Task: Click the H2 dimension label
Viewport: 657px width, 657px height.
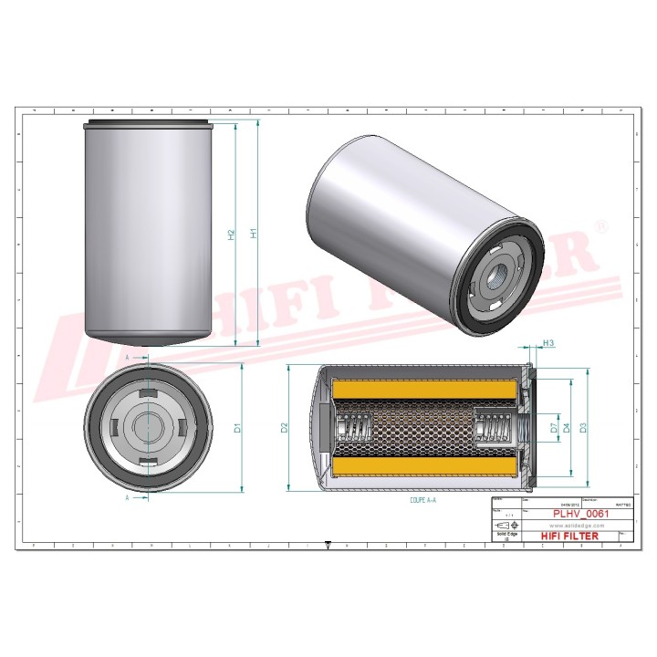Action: (x=232, y=235)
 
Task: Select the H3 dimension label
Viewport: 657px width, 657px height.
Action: (x=548, y=343)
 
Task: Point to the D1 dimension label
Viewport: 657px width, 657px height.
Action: (x=236, y=427)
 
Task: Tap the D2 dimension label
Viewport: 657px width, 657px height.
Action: (x=284, y=427)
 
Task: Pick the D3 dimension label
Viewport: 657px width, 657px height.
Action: (x=583, y=427)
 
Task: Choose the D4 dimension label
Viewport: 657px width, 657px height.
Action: (x=567, y=427)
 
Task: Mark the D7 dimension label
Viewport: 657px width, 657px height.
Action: (x=554, y=427)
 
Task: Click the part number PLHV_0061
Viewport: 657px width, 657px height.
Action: (x=581, y=514)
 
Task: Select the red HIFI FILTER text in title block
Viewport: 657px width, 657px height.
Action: (x=570, y=536)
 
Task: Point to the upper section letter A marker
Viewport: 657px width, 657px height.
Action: (x=126, y=359)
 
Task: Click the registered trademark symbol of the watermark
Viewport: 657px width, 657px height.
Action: (x=600, y=224)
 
